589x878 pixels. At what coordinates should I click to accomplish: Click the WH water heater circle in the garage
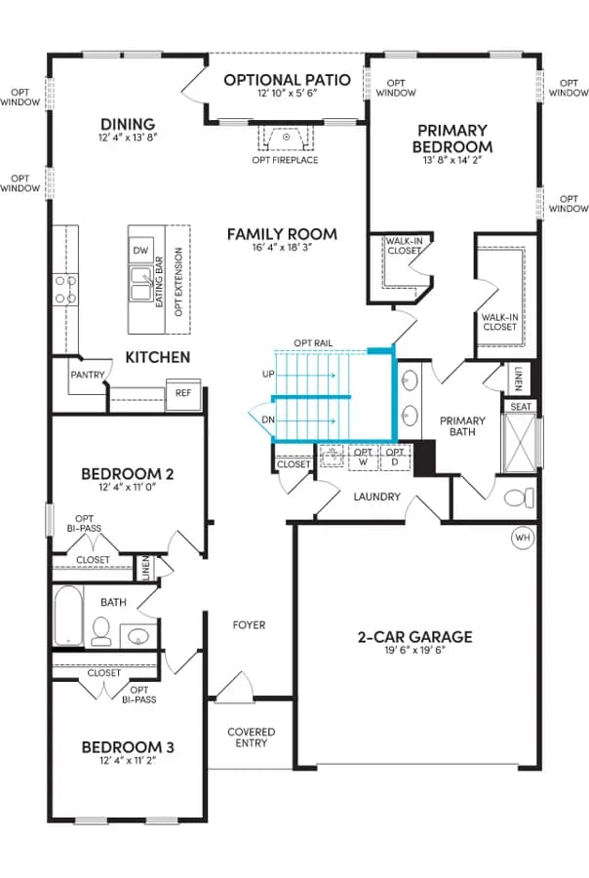coord(523,538)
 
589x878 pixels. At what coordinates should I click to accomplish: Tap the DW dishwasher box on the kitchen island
coord(141,251)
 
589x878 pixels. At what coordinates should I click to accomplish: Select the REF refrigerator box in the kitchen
coord(183,393)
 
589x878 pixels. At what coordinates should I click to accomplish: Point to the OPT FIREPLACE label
coord(285,160)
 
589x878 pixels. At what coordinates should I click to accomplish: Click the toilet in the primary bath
coord(519,498)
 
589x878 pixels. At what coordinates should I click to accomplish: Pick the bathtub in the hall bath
coord(68,616)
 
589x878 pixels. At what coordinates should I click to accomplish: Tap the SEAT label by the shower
coord(520,407)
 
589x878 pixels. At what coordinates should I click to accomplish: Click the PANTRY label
coord(88,375)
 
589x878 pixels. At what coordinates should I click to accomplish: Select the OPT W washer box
coord(364,457)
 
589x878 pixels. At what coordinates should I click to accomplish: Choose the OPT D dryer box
coord(395,457)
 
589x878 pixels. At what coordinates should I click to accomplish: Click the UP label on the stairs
coord(268,374)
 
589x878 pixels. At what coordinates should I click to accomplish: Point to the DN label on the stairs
coord(268,419)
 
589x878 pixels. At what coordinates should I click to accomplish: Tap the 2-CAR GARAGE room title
coord(414,637)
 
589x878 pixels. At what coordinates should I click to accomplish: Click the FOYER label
coord(249,625)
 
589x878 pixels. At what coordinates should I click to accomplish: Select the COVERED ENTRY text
coord(252,738)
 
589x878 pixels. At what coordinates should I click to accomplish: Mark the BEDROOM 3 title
coord(128,747)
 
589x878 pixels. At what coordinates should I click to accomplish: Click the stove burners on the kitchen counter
coord(65,290)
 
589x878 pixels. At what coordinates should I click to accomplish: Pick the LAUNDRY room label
coord(376,497)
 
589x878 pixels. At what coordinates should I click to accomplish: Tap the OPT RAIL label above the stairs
coord(313,343)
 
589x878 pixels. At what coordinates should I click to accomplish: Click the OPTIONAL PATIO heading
coord(288,80)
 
